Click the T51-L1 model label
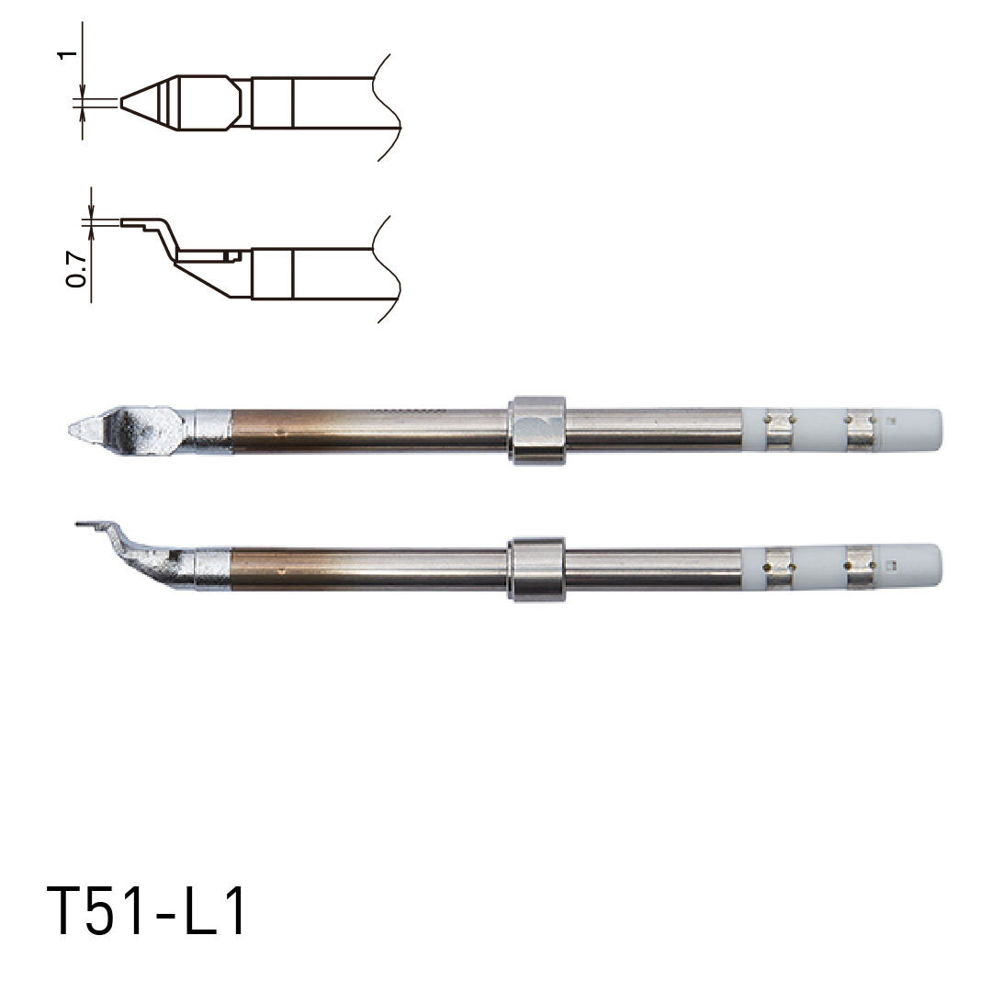[x=147, y=911]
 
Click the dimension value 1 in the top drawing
[x=64, y=55]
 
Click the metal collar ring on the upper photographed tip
[x=536, y=430]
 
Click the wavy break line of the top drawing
[x=388, y=106]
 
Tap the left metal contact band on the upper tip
[x=778, y=430]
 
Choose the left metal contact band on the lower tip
[x=778, y=567]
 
